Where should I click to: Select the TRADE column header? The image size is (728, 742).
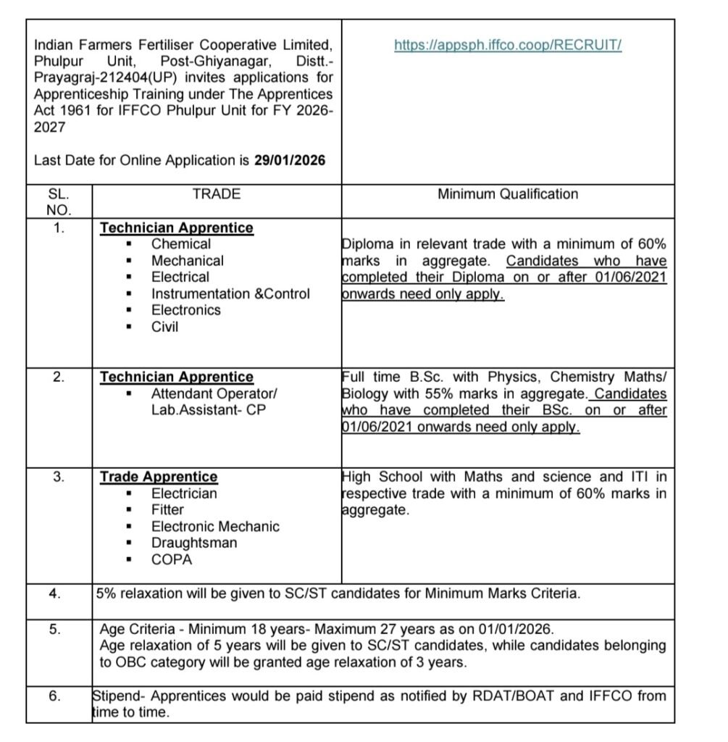(216, 194)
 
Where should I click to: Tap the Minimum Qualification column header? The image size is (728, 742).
(508, 194)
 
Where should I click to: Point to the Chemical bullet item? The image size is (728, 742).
(181, 244)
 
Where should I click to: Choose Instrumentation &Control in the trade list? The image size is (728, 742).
(230, 293)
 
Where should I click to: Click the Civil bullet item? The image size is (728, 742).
(164, 327)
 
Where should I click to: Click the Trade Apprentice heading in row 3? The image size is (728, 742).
(159, 477)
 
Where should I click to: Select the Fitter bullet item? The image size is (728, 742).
(167, 510)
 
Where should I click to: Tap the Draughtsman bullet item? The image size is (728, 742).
(194, 543)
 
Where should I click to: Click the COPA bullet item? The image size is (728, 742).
(171, 559)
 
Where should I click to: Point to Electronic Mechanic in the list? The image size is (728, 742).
(215, 526)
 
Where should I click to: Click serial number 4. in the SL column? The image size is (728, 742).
(55, 593)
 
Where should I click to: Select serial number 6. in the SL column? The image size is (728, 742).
(55, 697)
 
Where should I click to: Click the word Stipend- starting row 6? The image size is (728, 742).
(120, 697)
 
